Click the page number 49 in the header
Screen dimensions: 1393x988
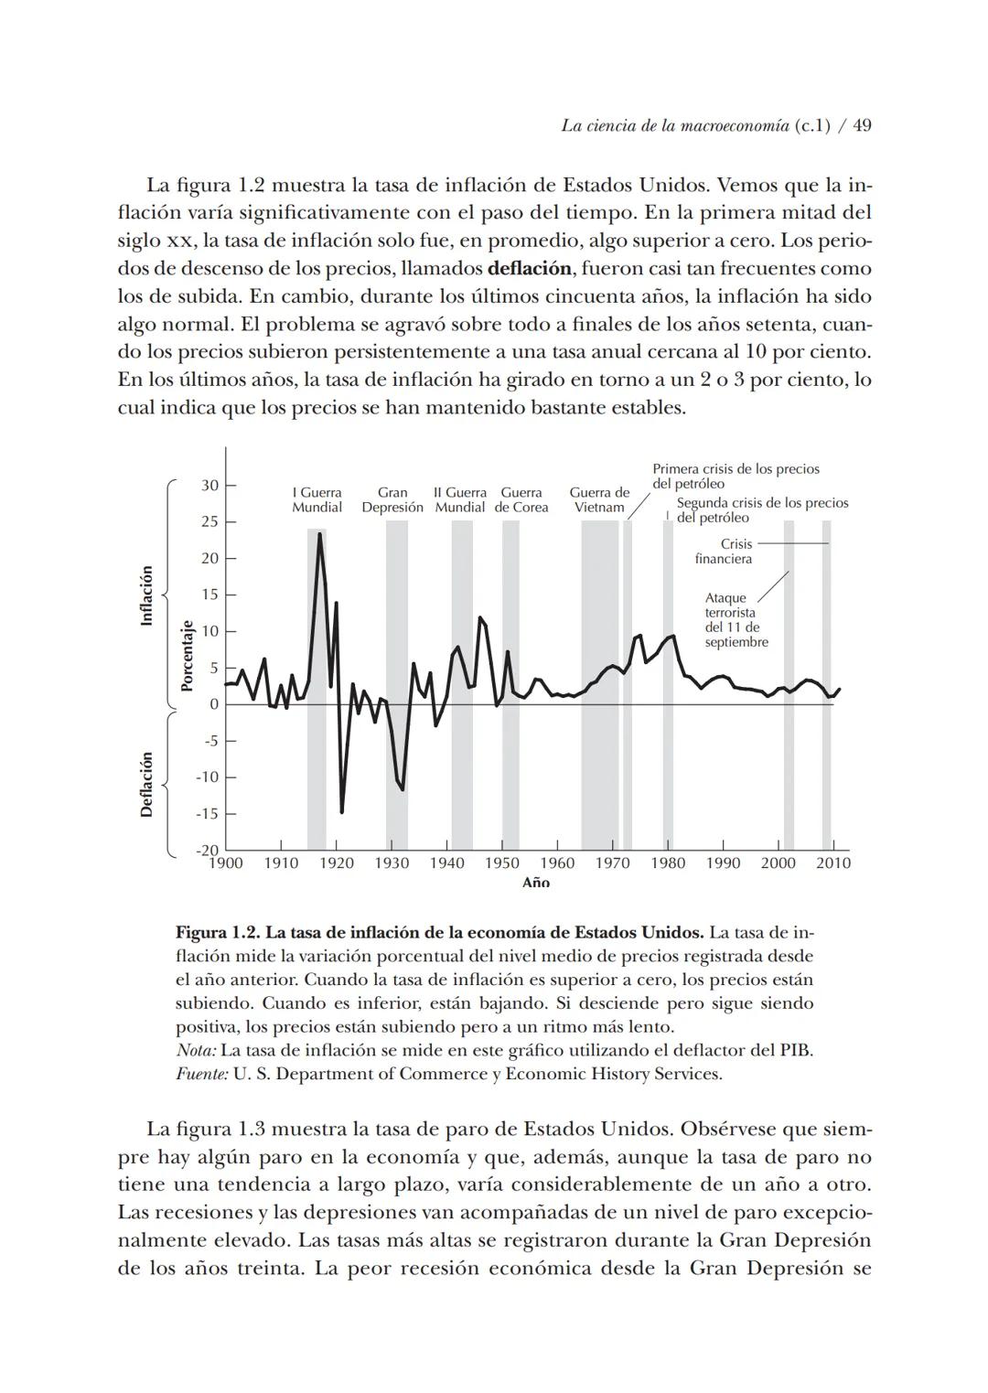(862, 126)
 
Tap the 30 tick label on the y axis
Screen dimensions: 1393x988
(209, 485)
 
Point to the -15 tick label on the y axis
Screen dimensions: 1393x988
(207, 813)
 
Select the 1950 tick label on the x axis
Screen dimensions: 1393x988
(501, 863)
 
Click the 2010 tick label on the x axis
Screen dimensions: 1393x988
(832, 863)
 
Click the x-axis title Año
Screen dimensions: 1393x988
(535, 883)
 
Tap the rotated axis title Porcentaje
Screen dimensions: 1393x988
(187, 656)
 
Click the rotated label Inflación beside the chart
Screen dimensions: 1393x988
(145, 595)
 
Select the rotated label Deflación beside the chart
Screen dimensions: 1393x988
(145, 785)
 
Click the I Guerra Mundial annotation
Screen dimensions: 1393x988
(317, 500)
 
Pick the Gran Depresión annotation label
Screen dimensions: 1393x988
(392, 500)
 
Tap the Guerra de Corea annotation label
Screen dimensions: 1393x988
(521, 500)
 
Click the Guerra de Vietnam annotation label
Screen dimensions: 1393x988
(599, 500)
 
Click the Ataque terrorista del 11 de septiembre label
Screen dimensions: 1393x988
(736, 620)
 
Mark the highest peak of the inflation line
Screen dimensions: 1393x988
(319, 534)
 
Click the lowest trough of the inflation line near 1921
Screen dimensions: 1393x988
(341, 811)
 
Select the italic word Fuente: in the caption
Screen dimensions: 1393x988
(201, 1074)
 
